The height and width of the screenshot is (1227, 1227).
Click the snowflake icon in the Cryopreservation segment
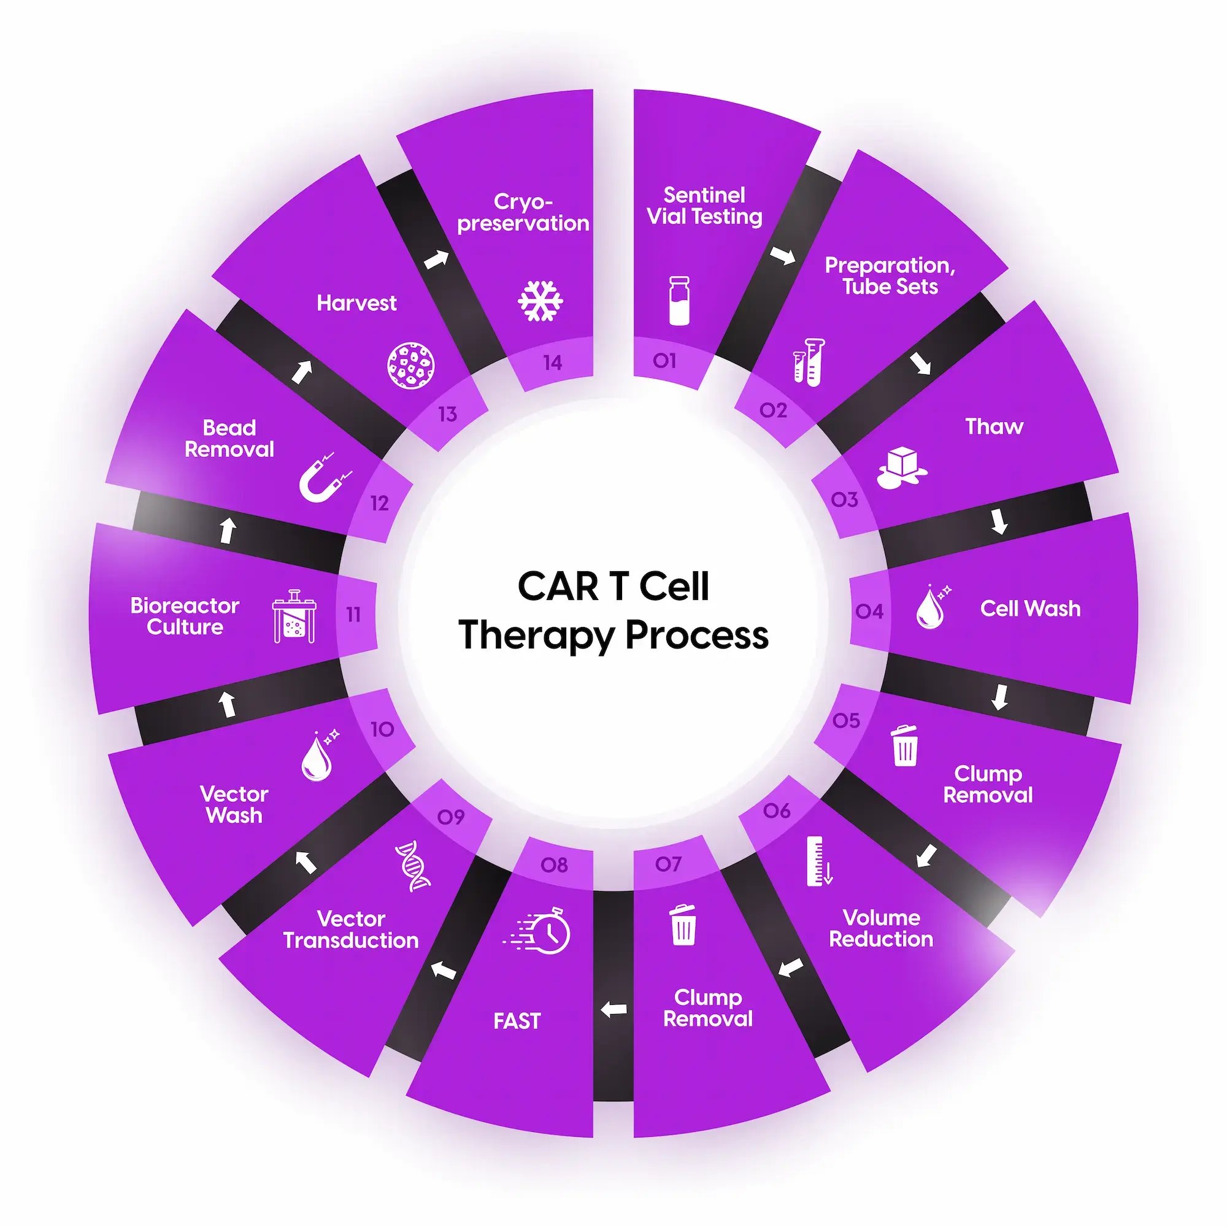tap(540, 301)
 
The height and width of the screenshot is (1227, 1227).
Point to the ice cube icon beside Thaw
tap(902, 468)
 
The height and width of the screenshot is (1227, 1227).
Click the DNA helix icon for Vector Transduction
tap(413, 866)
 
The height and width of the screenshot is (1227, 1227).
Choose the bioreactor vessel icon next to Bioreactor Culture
tap(294, 616)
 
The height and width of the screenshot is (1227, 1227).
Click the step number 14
tap(552, 363)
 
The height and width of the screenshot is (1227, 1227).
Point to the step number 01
tap(664, 361)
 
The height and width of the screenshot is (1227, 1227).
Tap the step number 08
tap(554, 865)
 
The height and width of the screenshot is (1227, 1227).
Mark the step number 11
tap(353, 614)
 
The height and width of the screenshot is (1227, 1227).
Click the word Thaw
tap(994, 426)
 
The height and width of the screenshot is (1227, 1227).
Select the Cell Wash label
tap(1029, 609)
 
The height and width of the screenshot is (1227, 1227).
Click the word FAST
tap(517, 1021)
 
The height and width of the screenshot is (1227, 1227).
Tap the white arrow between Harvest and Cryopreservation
tap(436, 259)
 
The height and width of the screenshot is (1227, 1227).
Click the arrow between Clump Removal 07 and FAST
tap(613, 1009)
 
